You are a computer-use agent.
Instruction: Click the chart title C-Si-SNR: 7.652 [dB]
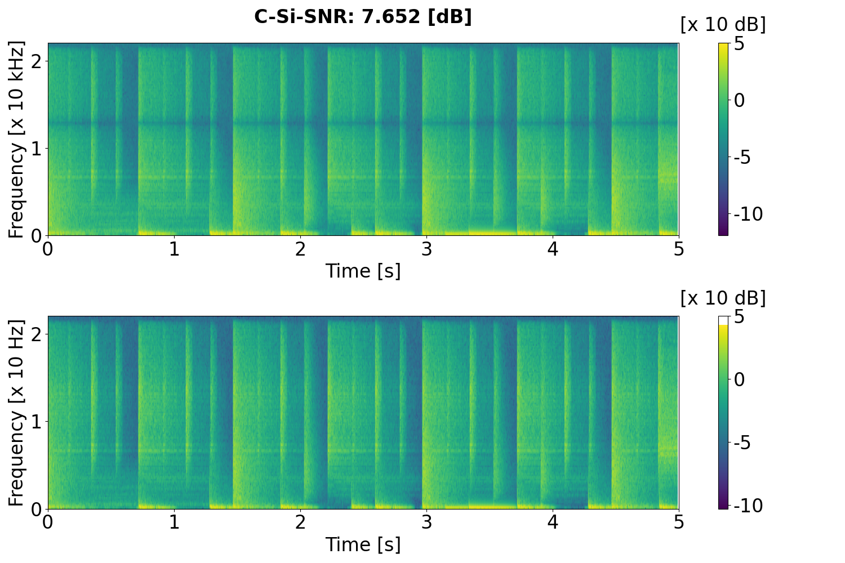coord(363,17)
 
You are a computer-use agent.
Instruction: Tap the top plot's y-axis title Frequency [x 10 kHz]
coord(16,139)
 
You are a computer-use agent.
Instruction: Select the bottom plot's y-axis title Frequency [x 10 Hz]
coord(16,413)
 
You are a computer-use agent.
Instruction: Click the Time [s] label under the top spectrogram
coord(363,271)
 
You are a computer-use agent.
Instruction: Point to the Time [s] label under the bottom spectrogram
coord(363,544)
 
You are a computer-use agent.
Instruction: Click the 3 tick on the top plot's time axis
coord(426,249)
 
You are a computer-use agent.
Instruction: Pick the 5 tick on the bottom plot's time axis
coord(679,522)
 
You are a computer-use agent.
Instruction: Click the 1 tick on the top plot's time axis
coord(174,249)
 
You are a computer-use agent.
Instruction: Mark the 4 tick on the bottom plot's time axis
coord(553,522)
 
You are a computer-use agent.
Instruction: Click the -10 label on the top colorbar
coord(748,215)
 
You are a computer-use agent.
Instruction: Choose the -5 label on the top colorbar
coord(748,157)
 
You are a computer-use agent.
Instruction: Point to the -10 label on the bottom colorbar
coord(748,506)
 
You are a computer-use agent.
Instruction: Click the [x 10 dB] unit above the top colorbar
coord(723,25)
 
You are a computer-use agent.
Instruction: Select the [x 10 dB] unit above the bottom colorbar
coord(723,298)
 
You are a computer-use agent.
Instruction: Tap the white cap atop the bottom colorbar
coord(723,320)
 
